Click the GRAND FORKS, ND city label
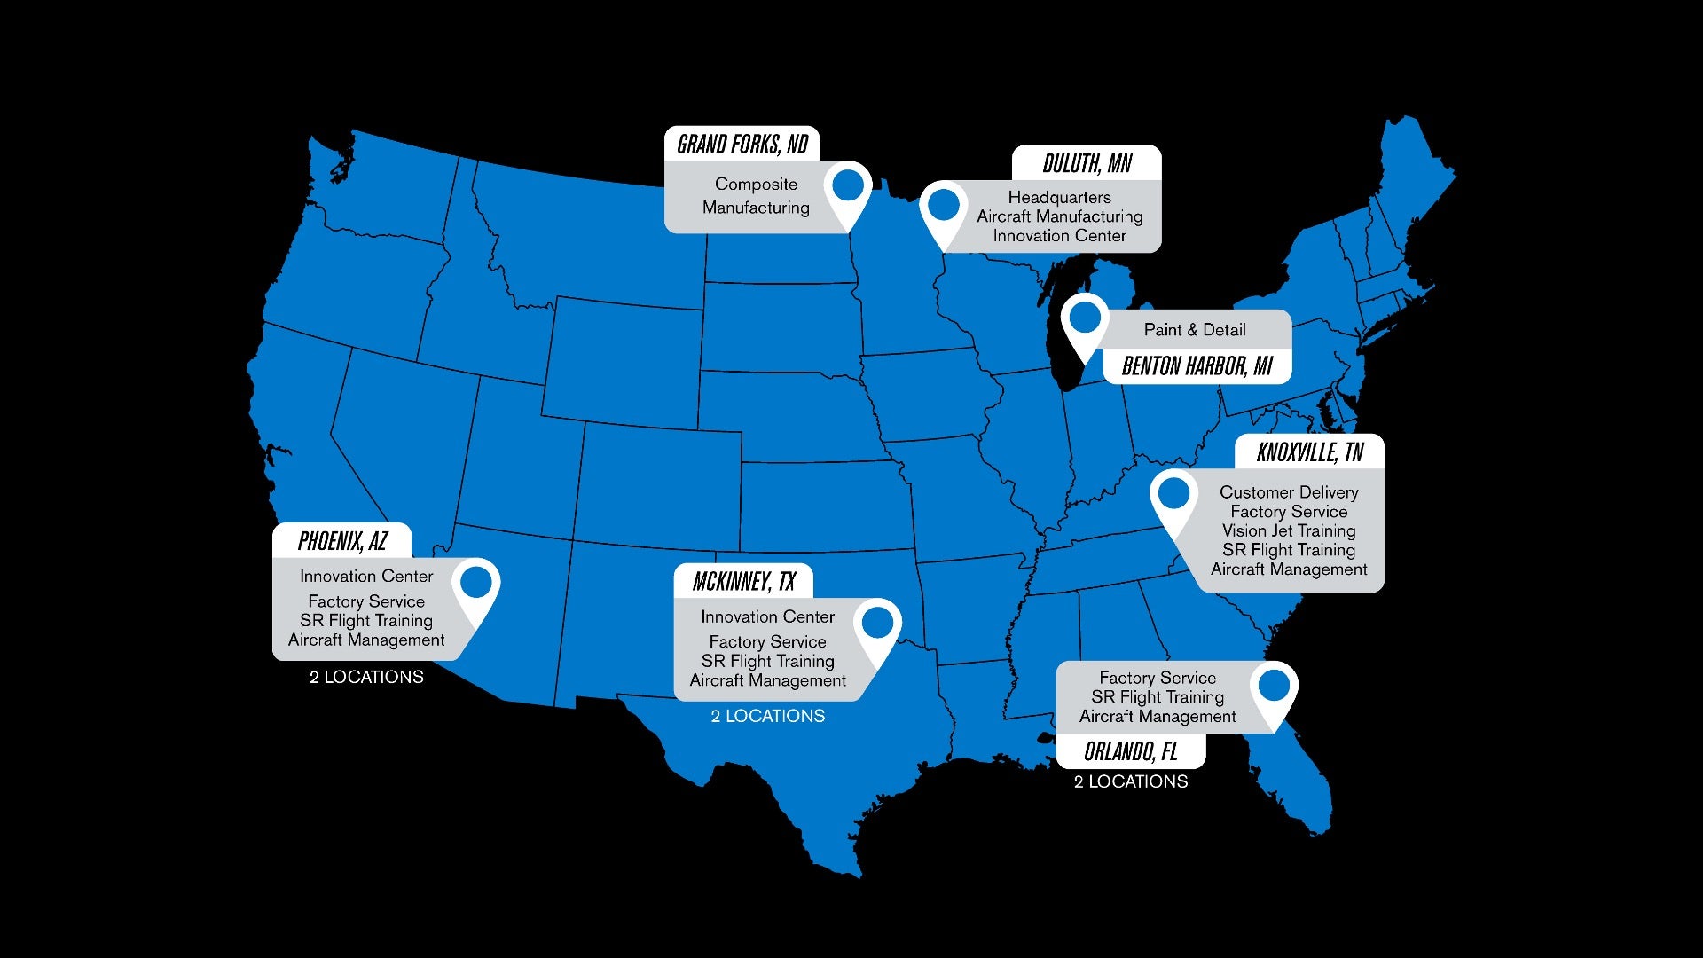742,144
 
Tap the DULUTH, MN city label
1087,163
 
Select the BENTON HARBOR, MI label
1197,365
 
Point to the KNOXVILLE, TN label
1309,452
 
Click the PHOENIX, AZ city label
342,540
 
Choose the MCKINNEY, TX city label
743,581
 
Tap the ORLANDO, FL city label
1130,751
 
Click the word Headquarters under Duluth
1059,197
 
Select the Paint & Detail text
1195,330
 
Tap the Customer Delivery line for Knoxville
1288,492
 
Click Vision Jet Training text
1288,530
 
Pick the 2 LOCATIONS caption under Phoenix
366,677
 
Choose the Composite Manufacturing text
756,195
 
